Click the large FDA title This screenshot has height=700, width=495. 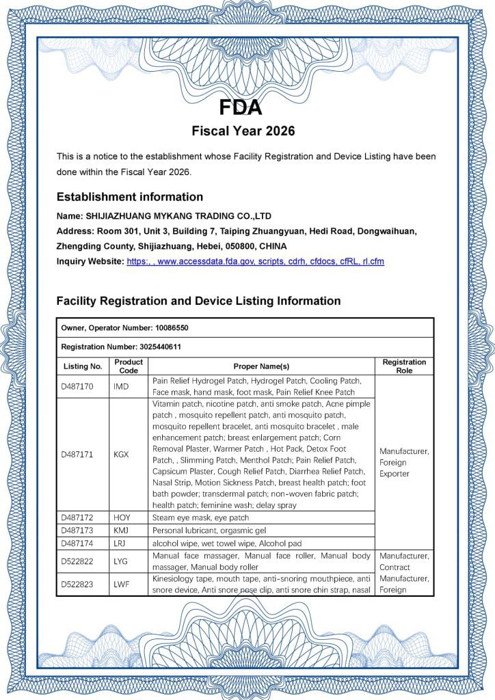point(240,108)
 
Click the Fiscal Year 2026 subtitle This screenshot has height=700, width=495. point(243,131)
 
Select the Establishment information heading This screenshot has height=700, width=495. point(129,197)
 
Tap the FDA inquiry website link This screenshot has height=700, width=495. point(255,261)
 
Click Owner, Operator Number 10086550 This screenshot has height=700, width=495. point(124,328)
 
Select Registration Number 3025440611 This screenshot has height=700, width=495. point(121,347)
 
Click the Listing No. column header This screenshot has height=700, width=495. point(83,366)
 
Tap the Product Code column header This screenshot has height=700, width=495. point(129,366)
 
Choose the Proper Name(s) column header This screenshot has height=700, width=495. point(261,366)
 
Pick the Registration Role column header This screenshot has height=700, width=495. point(404,366)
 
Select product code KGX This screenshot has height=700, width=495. point(121,455)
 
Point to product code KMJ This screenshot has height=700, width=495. point(122,530)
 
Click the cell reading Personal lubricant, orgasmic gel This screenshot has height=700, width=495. point(209,530)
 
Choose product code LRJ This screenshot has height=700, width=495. point(121,543)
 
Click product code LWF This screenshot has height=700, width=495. point(122,584)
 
